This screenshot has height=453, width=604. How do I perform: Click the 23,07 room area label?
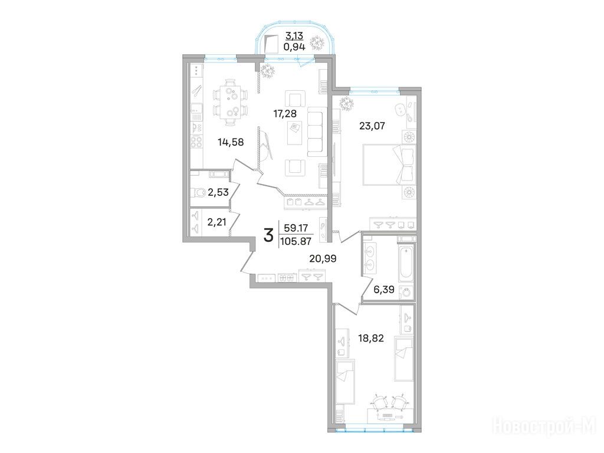[x=372, y=126]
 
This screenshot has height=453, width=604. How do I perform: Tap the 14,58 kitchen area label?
[x=231, y=142]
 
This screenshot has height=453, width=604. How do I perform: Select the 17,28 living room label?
[x=285, y=113]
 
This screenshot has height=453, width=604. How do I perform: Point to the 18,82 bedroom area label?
[x=371, y=339]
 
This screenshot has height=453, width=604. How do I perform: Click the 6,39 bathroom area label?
[x=383, y=289]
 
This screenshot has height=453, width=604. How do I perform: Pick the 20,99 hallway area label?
[x=323, y=259]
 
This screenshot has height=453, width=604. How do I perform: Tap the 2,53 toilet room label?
[x=218, y=192]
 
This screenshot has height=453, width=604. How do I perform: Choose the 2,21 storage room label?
[x=217, y=222]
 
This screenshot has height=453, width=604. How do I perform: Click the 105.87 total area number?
[x=296, y=241]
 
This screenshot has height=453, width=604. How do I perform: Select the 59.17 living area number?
[x=296, y=228]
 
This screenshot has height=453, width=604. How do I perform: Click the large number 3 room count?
[x=268, y=235]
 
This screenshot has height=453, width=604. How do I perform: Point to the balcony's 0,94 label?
[x=294, y=47]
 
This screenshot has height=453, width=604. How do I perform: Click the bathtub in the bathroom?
[x=406, y=265]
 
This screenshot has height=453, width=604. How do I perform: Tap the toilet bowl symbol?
[x=198, y=192]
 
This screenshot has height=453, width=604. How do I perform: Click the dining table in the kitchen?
[x=231, y=103]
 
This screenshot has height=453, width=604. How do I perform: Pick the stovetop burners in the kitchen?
[x=197, y=142]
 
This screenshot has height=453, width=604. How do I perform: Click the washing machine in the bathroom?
[x=406, y=292]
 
